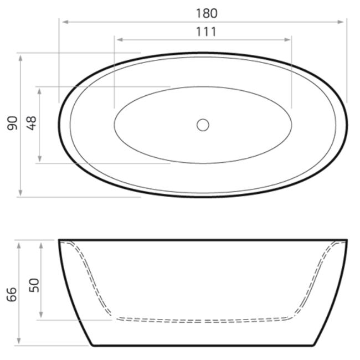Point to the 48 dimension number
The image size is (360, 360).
point(32,123)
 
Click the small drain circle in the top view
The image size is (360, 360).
point(203,125)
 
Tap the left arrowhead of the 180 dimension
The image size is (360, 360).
point(64,22)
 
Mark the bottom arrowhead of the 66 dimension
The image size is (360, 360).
point(21,341)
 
